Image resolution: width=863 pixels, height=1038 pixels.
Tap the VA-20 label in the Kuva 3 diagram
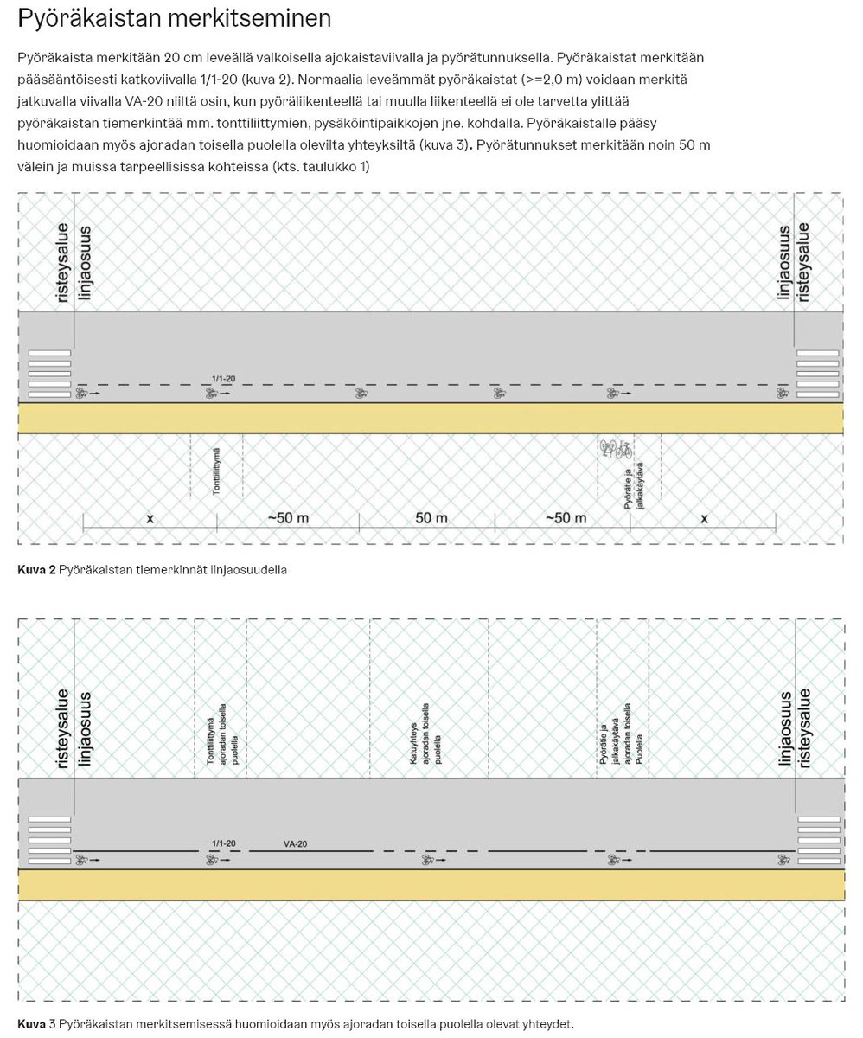pyautogui.click(x=295, y=843)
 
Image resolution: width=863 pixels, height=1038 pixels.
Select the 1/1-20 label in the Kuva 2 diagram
pyautogui.click(x=223, y=378)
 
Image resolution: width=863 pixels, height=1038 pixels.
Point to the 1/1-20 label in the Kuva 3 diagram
pyautogui.click(x=223, y=843)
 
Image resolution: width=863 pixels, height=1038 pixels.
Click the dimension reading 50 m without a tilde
pyautogui.click(x=425, y=518)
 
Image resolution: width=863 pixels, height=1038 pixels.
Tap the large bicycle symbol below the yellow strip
pyautogui.click(x=615, y=449)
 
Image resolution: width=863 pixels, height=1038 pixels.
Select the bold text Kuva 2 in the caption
pyautogui.click(x=36, y=571)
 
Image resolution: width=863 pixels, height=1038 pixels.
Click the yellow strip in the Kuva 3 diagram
pyautogui.click(x=431, y=885)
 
